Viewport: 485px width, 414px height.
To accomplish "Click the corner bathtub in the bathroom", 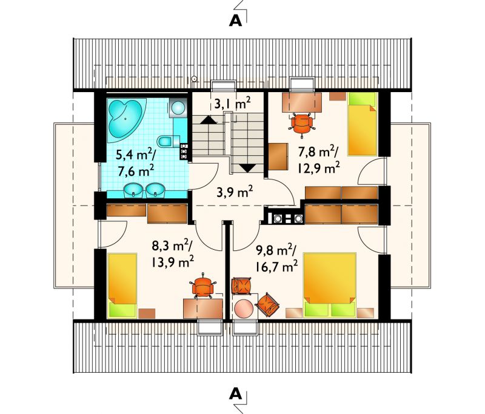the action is pos(125,119).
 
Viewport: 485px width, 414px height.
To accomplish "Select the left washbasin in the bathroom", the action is pos(133,190).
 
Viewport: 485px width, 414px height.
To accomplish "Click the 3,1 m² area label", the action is pos(232,104).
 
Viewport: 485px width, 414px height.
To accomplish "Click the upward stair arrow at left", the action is pos(209,120).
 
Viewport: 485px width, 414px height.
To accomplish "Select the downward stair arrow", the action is pos(247,168).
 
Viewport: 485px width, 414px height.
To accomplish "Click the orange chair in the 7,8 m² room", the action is pos(302,123).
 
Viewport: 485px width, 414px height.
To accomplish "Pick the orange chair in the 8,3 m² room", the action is pos(203,287).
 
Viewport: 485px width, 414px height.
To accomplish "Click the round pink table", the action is pos(244,308).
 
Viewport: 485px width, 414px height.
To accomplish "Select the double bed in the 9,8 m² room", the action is pos(330,285).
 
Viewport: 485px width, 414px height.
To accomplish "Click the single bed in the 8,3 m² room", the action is pos(122,285).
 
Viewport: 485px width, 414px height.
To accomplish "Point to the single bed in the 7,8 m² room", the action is pos(363,124).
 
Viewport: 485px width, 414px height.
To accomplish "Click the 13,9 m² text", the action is pos(173,262).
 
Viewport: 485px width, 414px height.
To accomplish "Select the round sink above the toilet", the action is pos(178,108).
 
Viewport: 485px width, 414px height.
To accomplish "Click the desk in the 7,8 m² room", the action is pos(302,102).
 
